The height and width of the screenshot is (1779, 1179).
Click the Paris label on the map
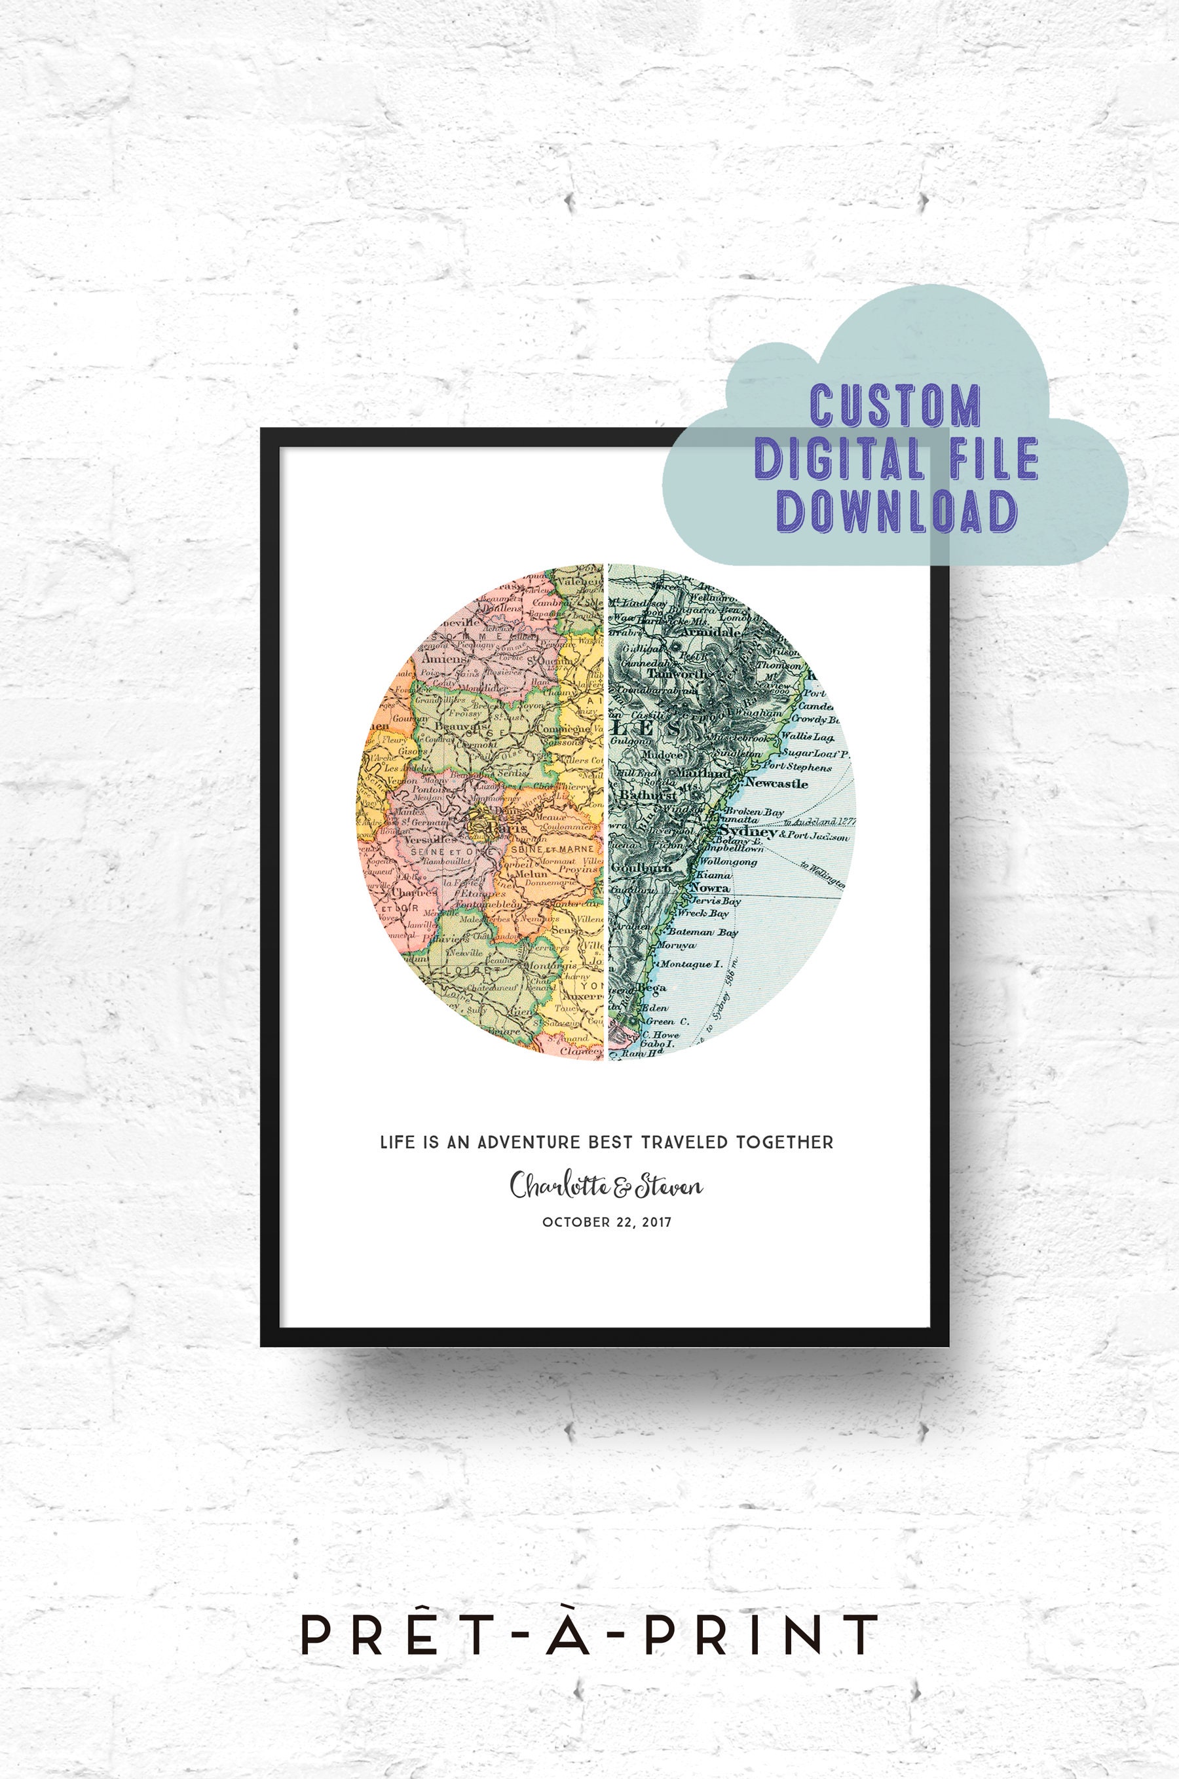(504, 829)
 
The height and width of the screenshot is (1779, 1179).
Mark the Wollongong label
(728, 862)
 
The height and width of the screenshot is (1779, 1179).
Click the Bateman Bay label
(703, 932)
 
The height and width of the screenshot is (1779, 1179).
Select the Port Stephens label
(797, 768)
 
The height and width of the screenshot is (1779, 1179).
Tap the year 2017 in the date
(657, 1223)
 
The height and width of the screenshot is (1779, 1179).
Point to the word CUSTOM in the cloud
(895, 406)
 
